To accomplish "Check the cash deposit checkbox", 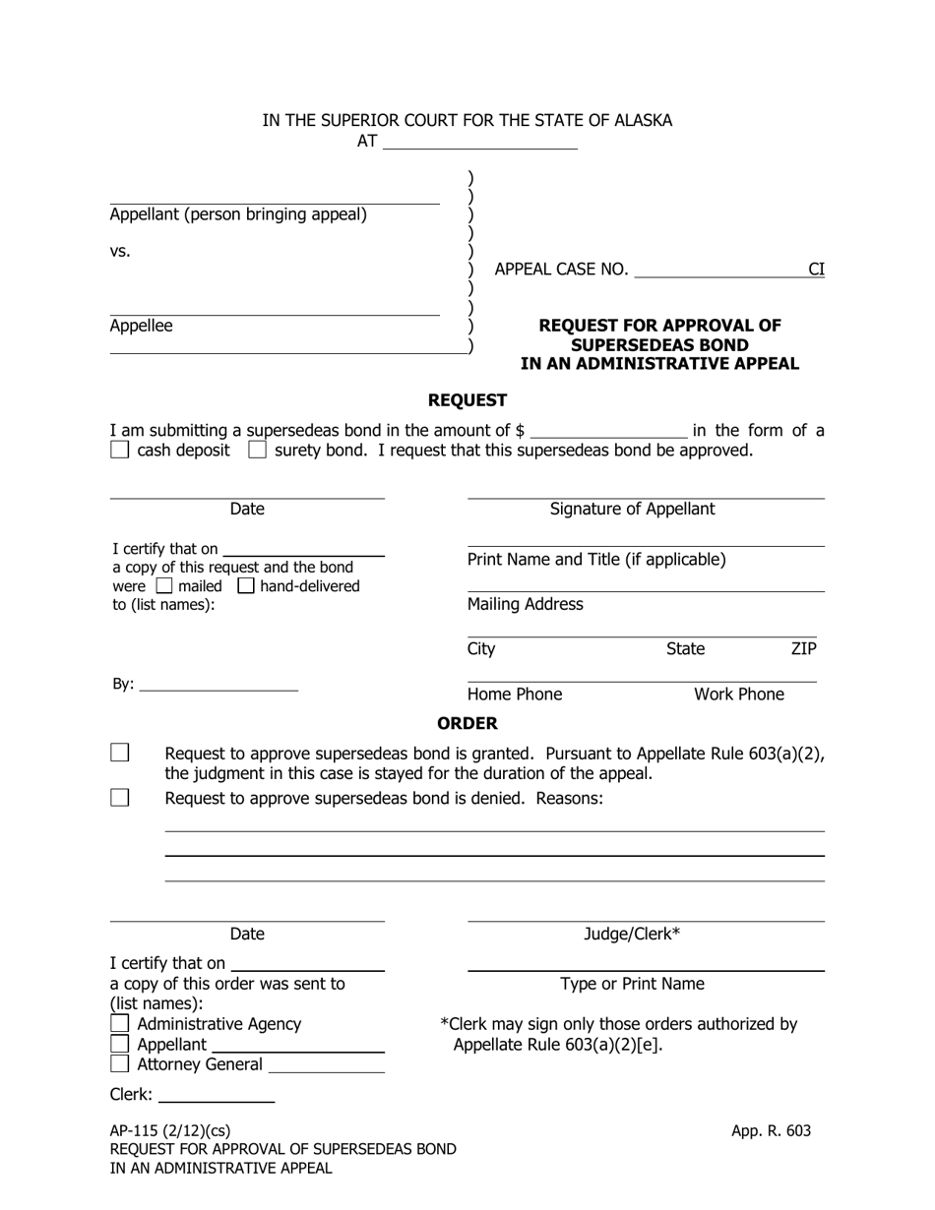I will pos(119,451).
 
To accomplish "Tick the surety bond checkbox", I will pos(257,451).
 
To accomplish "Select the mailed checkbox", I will pos(164,586).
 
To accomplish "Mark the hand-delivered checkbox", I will pos(246,586).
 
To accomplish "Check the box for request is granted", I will pos(119,754).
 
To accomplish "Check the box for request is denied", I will pos(119,798).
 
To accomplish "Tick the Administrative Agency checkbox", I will pos(119,1024).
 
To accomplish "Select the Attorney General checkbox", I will pos(119,1063).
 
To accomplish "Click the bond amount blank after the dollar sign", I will pos(608,430).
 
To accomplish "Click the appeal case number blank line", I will pos(718,270).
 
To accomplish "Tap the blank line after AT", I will pos(478,142).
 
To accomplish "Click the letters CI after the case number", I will pos(816,270).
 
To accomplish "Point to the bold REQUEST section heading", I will pos(467,400).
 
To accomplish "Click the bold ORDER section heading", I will pos(467,723).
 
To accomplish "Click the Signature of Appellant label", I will pos(632,509).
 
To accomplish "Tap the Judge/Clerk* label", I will pos(632,934).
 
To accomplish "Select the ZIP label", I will pos(803,648).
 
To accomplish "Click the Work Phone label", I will pos(739,695).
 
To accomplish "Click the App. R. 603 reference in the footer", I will pos(771,1130).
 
